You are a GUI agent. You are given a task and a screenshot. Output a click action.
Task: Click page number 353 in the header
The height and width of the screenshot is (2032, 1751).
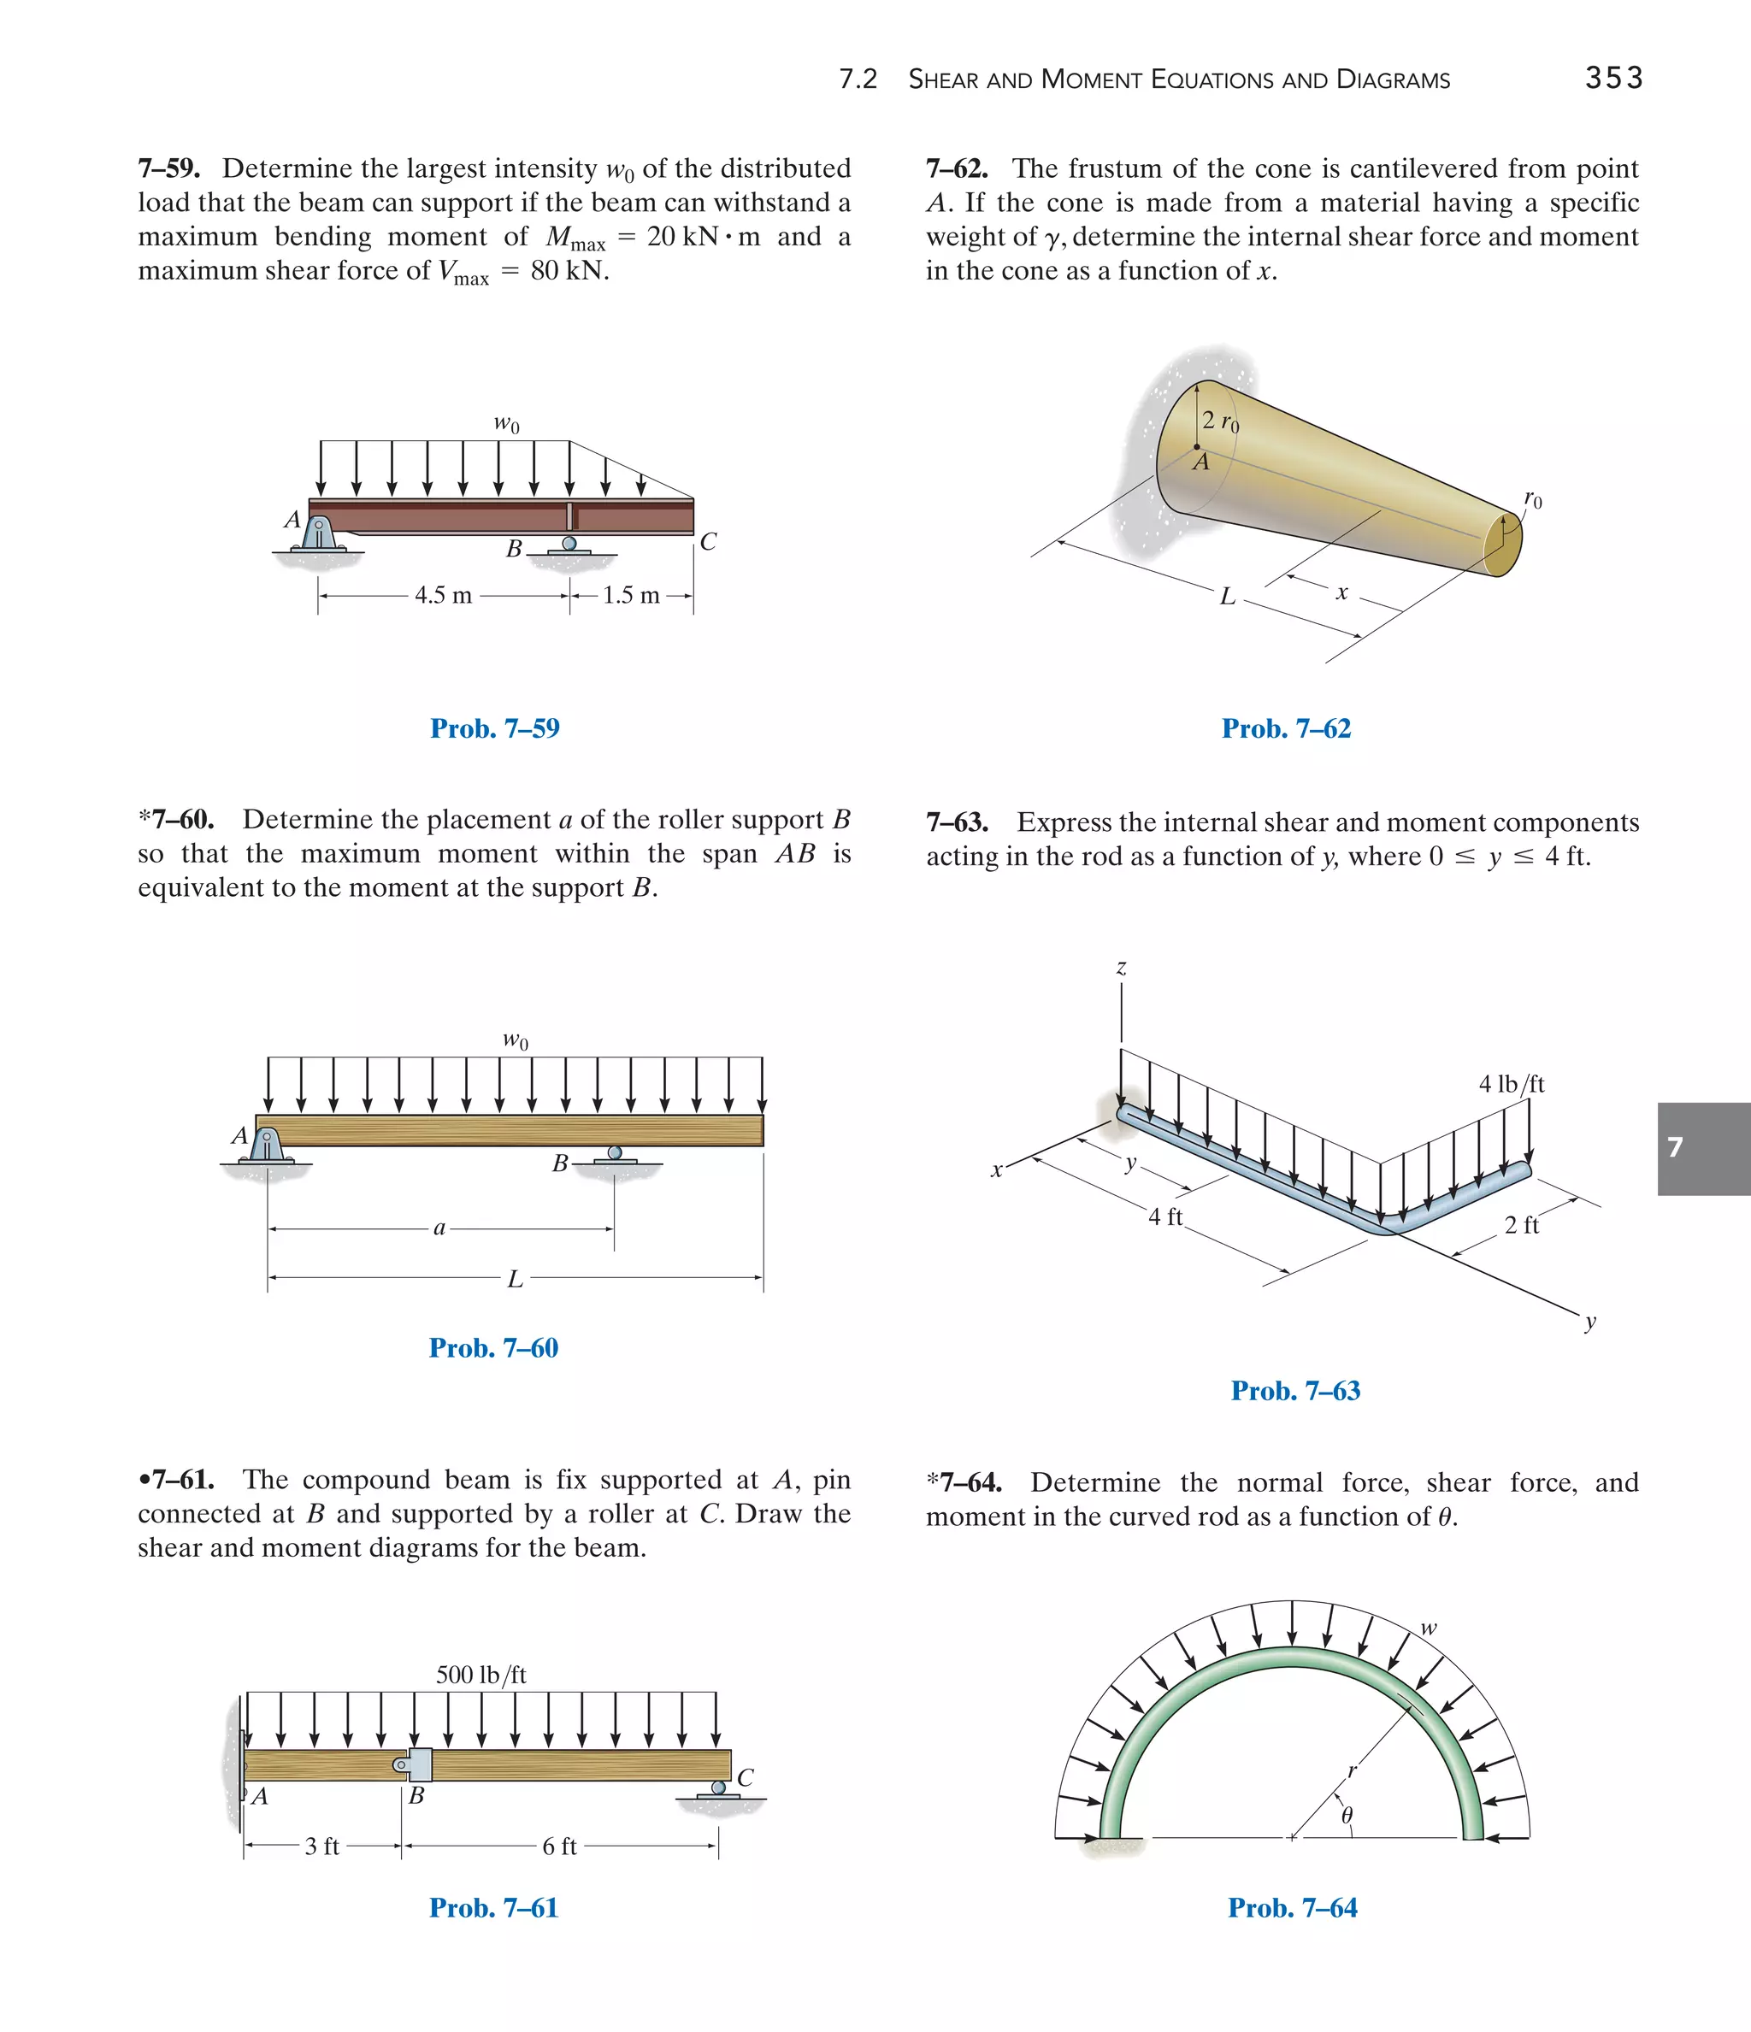(1612, 79)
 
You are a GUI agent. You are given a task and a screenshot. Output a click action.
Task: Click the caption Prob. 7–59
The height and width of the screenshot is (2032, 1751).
(494, 728)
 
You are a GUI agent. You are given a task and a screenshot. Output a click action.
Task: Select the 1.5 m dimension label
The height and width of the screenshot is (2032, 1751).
(630, 595)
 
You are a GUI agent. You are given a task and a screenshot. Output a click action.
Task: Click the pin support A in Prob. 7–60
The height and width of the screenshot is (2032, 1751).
(266, 1145)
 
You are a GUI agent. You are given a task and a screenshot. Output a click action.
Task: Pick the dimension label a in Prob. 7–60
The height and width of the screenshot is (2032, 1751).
(439, 1228)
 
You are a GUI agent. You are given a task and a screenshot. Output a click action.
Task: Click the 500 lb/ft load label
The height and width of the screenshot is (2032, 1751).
(480, 1674)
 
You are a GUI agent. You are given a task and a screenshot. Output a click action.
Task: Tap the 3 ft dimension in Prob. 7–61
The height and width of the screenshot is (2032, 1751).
(321, 1846)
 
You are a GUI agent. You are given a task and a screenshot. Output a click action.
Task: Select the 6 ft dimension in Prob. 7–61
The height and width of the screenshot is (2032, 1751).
(559, 1846)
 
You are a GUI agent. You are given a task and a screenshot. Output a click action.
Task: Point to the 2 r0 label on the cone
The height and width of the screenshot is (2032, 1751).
(1220, 421)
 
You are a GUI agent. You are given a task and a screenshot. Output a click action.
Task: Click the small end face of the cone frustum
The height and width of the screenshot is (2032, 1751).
(1503, 545)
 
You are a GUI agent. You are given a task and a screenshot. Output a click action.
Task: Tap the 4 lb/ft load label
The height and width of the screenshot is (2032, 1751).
(1511, 1084)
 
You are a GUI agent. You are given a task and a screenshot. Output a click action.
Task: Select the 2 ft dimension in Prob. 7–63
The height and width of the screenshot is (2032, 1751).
(1522, 1225)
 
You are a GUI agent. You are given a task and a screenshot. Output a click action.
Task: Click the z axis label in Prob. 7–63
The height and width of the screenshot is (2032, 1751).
(1121, 968)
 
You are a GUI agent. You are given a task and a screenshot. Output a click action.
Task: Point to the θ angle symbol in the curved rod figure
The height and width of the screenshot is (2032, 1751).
(1347, 1817)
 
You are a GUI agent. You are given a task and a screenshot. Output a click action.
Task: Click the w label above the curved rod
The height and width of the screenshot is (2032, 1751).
(1429, 1628)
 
